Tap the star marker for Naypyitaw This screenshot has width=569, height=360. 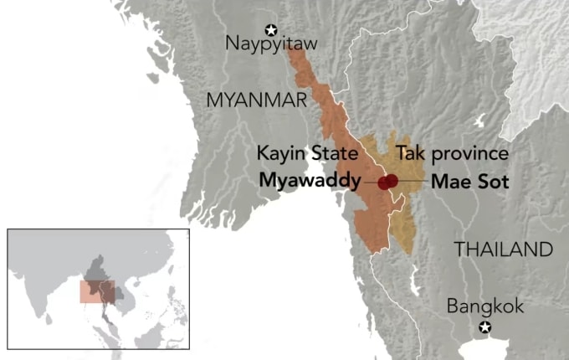(270, 28)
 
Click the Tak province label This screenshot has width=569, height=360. (452, 154)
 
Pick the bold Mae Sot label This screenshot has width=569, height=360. (469, 181)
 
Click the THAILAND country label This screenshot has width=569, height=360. (503, 249)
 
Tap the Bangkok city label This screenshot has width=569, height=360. (485, 306)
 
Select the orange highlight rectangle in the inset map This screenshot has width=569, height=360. (96, 291)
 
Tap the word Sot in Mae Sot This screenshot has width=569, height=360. (494, 181)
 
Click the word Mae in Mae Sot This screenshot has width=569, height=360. (451, 181)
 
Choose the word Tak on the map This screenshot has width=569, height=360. (408, 154)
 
